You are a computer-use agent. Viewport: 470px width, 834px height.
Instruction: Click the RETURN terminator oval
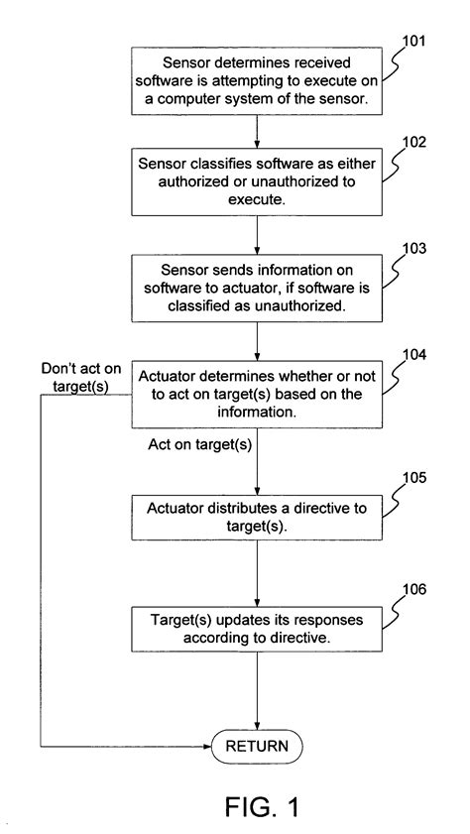(258, 746)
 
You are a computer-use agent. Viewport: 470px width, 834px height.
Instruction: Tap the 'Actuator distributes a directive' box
(258, 517)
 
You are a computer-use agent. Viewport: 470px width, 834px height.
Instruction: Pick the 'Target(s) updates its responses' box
(258, 629)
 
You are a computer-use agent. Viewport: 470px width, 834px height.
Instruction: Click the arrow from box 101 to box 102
(258, 130)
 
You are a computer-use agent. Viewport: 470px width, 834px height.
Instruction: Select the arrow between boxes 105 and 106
(258, 573)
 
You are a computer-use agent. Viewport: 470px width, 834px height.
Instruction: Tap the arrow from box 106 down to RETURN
(258, 694)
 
